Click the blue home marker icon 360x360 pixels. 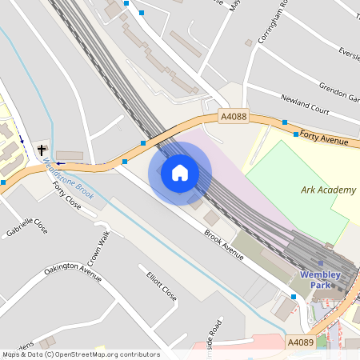180,173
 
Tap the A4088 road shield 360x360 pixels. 233,117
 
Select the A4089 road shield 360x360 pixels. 300,342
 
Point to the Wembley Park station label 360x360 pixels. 320,280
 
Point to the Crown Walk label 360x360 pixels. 98,252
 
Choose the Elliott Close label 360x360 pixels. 162,283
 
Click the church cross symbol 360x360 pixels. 42,150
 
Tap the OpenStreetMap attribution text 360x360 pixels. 80,354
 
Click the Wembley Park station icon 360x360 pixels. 321,262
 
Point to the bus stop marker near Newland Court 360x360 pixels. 284,122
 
